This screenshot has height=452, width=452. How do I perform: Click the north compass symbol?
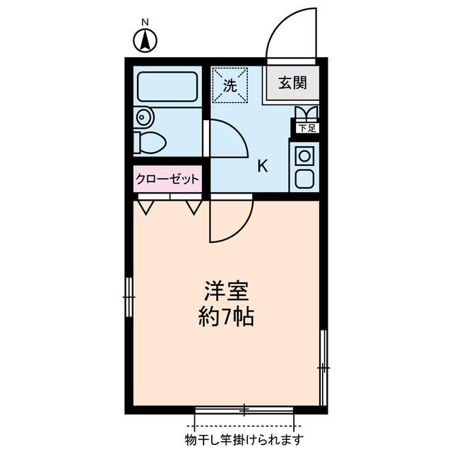click(145, 42)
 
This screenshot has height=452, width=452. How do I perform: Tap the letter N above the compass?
click(145, 23)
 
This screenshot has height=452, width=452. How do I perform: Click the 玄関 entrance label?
click(292, 84)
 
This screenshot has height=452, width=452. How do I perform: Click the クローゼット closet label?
click(168, 179)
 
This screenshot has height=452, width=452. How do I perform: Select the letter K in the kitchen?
click(262, 167)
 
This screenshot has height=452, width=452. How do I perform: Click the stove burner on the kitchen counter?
click(304, 154)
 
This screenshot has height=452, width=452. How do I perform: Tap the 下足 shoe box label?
click(306, 129)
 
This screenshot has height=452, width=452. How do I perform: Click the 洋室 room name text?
click(225, 290)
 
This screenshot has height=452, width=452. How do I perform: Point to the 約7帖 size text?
click(225, 317)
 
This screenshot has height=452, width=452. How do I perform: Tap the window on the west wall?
click(129, 297)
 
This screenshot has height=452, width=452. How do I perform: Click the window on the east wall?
click(323, 368)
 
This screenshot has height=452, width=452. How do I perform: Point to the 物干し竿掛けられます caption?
click(244, 440)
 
